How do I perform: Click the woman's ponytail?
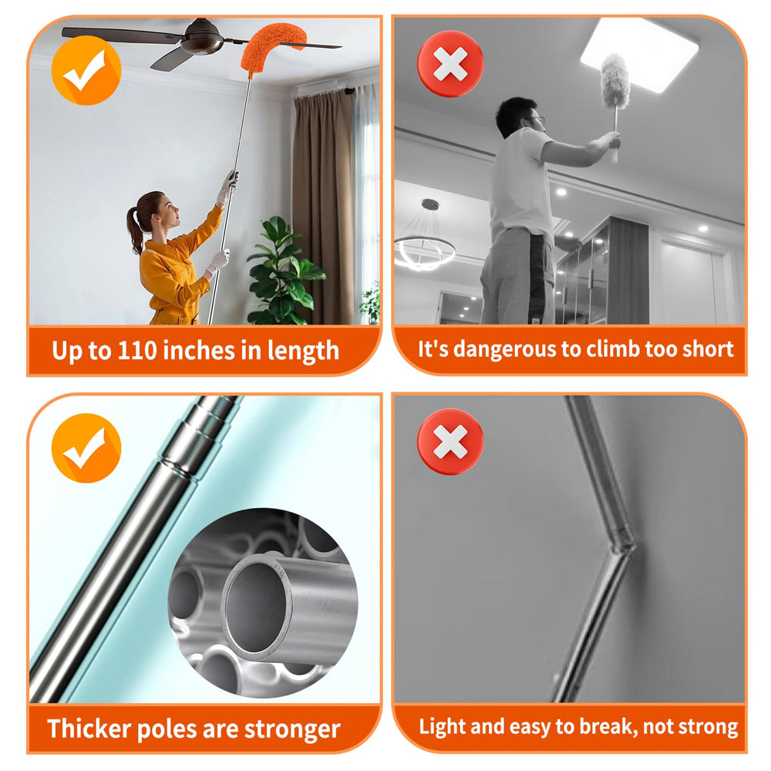(133, 229)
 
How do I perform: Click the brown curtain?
(322, 207)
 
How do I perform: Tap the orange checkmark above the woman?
(86, 70)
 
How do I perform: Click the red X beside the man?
(450, 64)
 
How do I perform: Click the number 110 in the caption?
(137, 351)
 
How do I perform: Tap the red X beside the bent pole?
(450, 441)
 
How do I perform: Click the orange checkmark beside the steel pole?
(86, 448)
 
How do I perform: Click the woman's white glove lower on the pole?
(218, 261)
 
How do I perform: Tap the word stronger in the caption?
(292, 729)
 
